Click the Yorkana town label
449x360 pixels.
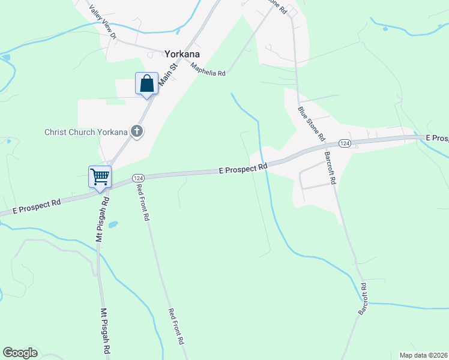(x=182, y=53)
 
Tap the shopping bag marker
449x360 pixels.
(x=147, y=83)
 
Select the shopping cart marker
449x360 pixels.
(x=100, y=176)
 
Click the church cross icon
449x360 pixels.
(x=137, y=131)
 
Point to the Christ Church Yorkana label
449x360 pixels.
(x=86, y=132)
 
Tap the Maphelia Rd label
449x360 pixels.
(x=208, y=69)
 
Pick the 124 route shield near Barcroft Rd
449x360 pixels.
(x=344, y=143)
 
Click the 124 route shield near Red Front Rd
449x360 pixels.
(x=138, y=178)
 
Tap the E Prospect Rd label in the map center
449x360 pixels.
(x=243, y=170)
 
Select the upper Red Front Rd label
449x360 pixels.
(x=142, y=202)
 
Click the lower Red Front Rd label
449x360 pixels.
(x=176, y=326)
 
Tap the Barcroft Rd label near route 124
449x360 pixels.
(x=331, y=167)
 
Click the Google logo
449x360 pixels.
(x=20, y=353)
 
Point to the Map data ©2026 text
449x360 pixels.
(x=423, y=355)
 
